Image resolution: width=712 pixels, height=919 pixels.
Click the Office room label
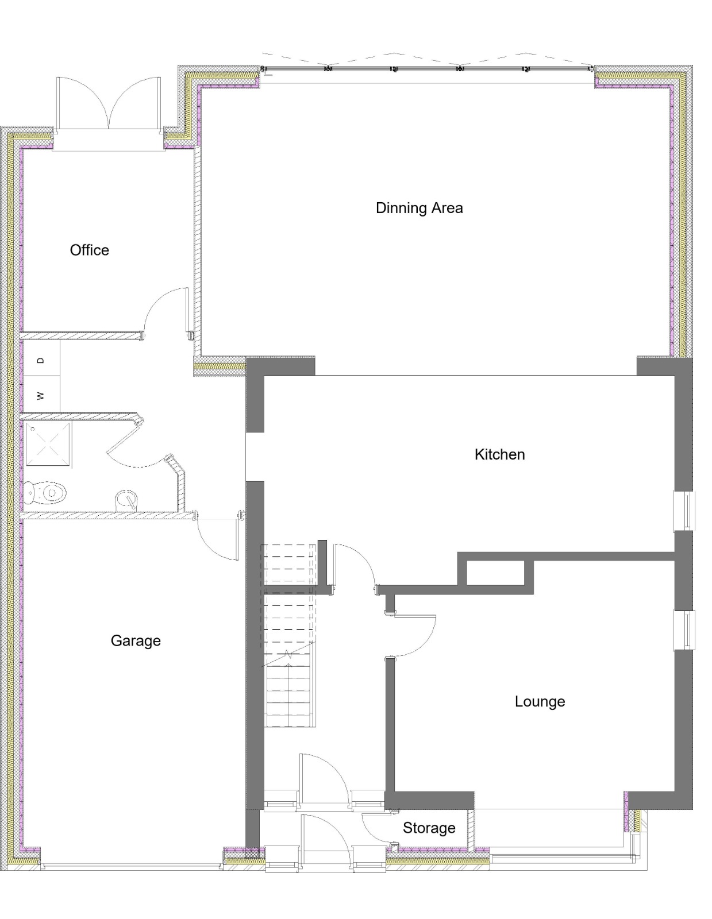(x=89, y=250)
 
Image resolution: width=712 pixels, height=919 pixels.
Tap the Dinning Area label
(x=419, y=208)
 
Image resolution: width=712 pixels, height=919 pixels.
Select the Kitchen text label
(x=499, y=454)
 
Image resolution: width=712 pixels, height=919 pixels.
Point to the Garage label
(x=136, y=640)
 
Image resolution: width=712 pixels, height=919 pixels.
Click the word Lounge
(x=540, y=701)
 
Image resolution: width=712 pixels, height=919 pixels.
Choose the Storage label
(x=429, y=828)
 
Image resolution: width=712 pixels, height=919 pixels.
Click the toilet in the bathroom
(x=45, y=492)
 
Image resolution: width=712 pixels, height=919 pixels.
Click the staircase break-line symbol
(x=289, y=655)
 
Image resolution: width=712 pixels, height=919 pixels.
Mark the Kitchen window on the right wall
(x=684, y=510)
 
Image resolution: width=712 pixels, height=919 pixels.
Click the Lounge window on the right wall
(x=684, y=630)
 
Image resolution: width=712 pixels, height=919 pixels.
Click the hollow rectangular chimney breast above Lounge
(x=495, y=573)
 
